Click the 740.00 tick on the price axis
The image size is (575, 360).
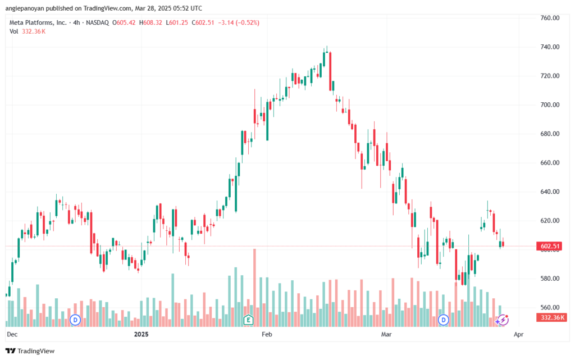click(550, 47)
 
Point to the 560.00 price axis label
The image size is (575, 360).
click(550, 308)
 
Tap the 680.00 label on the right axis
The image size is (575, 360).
click(550, 134)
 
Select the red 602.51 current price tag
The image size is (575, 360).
click(549, 246)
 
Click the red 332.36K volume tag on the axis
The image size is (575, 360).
click(551, 317)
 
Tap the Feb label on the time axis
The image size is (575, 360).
click(267, 334)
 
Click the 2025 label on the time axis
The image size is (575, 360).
click(141, 334)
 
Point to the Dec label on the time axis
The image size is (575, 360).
click(12, 334)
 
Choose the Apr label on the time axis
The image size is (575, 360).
click(518, 334)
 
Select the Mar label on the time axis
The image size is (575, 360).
click(386, 334)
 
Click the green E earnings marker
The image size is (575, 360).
click(248, 320)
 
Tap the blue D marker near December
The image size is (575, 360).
click(75, 320)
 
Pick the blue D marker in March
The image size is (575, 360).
click(444, 320)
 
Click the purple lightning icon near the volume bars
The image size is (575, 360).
click(503, 320)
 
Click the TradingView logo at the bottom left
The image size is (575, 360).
click(30, 351)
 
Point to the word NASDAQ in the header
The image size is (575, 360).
click(97, 22)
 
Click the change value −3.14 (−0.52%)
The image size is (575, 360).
click(239, 22)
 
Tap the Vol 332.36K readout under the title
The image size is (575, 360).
click(28, 31)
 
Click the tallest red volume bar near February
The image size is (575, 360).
click(254, 288)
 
